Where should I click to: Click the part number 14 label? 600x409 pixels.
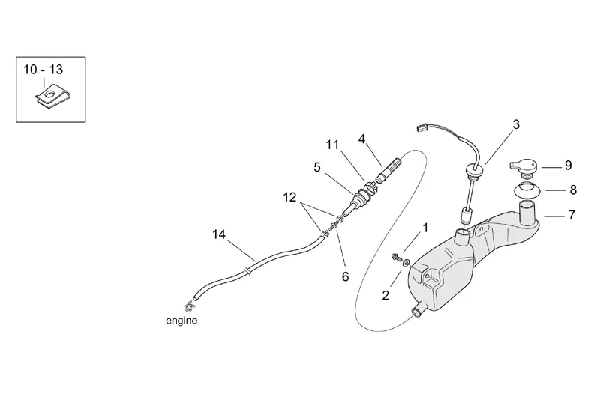tap(218, 234)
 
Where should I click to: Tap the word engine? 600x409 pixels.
tap(181, 321)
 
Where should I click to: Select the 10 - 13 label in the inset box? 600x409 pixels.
tap(43, 69)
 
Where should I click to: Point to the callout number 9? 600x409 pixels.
tap(568, 165)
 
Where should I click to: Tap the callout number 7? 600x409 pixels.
tap(571, 215)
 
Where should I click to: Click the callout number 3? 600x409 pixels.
tap(516, 126)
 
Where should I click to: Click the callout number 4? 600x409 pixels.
tap(361, 139)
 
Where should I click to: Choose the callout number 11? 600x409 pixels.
tap(332, 145)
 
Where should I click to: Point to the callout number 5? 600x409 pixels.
tap(317, 168)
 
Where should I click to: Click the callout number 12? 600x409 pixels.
tap(290, 197)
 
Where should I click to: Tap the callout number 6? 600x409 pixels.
tap(346, 276)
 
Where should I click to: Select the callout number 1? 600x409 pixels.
tap(425, 226)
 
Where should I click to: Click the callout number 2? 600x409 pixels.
tap(385, 295)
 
